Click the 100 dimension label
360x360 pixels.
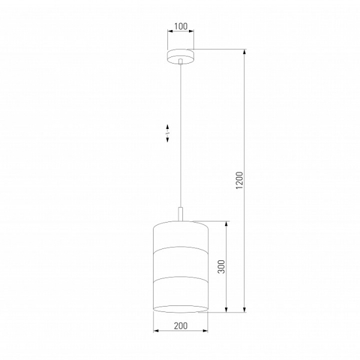[x=181, y=26]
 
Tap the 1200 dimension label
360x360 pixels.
[x=239, y=180]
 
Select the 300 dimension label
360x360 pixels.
[x=221, y=266]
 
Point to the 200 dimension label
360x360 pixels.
[x=181, y=326]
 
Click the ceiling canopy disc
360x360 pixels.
[x=181, y=56]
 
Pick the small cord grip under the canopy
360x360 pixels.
[x=181, y=61]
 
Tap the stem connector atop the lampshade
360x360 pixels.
[x=181, y=214]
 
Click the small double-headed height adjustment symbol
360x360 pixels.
[x=167, y=133]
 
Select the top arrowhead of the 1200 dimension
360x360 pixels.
[x=245, y=52]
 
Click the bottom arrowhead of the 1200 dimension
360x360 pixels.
[x=245, y=309]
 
